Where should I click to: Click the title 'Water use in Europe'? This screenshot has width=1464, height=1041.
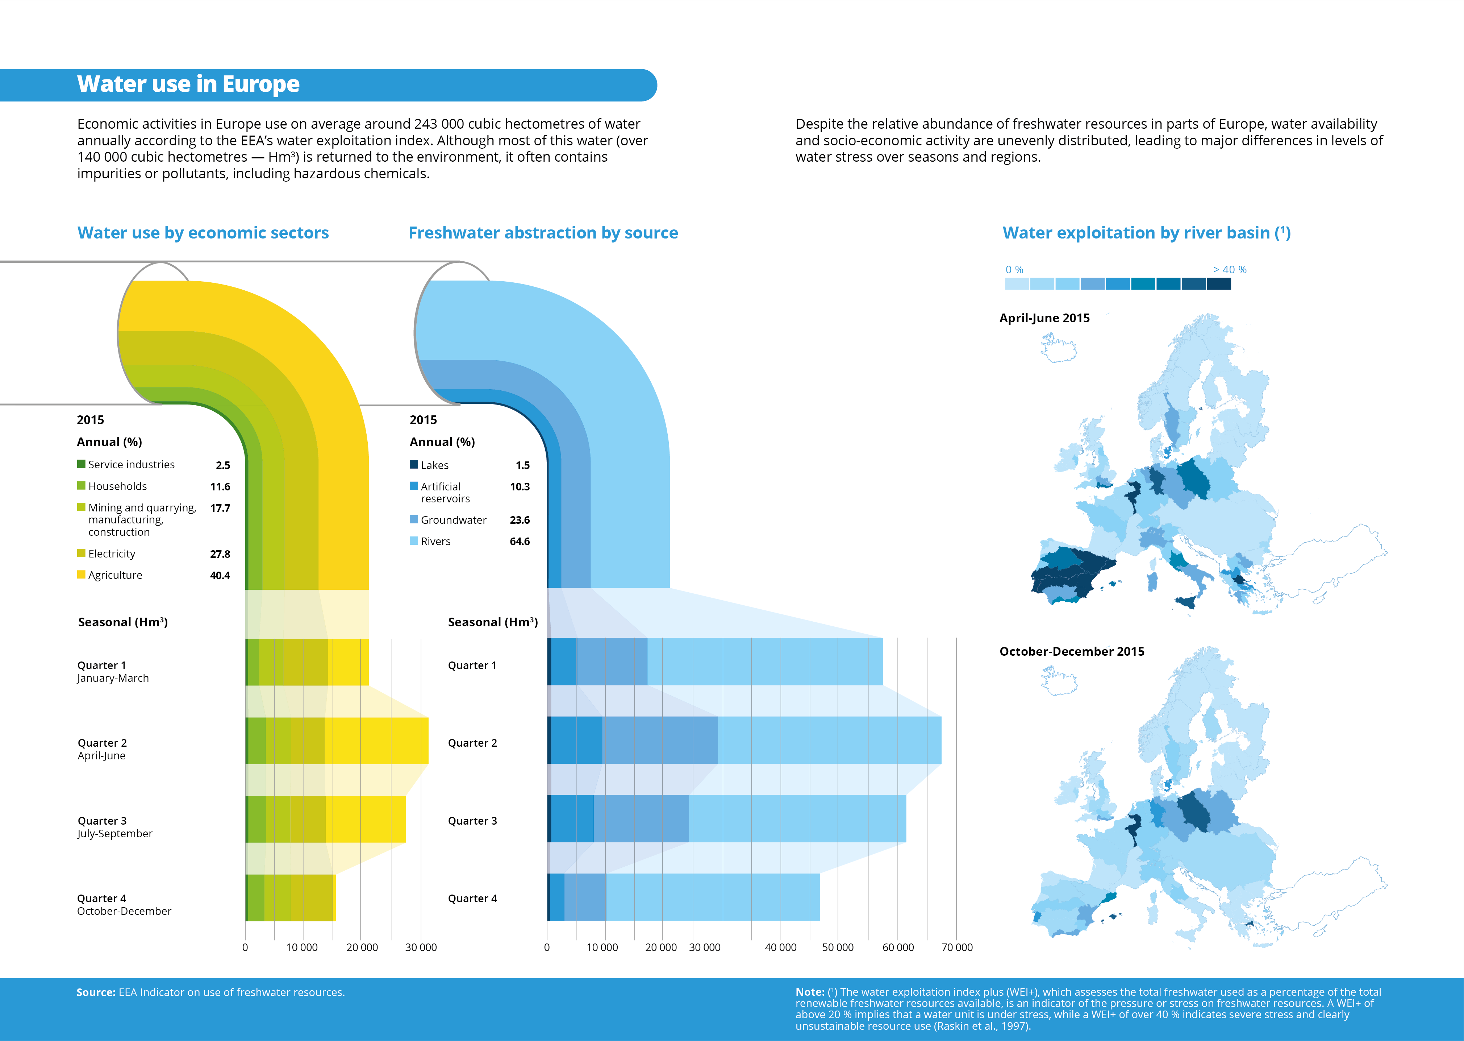click(x=188, y=84)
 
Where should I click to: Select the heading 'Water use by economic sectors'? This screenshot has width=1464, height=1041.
click(x=203, y=233)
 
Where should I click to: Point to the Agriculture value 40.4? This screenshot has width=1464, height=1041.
click(x=220, y=576)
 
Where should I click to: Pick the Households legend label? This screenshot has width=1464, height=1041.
click(x=117, y=486)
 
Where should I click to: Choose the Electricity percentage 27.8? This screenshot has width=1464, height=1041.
click(x=220, y=554)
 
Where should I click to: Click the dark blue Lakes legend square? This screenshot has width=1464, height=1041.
click(x=414, y=465)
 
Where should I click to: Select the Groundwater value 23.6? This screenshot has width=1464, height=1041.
click(x=520, y=520)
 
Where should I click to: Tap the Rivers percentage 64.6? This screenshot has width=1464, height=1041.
click(x=520, y=542)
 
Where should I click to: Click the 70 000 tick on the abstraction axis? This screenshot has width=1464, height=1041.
click(x=956, y=947)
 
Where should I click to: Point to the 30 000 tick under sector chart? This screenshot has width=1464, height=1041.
click(x=421, y=947)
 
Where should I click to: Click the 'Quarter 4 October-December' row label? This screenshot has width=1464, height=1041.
click(x=124, y=904)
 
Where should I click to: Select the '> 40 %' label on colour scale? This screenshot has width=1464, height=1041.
click(x=1230, y=270)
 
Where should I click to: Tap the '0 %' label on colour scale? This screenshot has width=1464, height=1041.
click(x=1014, y=270)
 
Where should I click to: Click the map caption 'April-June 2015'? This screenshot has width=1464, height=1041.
click(x=1044, y=318)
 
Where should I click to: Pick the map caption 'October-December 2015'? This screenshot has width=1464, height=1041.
click(x=1071, y=651)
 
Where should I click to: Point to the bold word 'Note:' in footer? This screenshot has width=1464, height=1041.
click(x=810, y=992)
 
